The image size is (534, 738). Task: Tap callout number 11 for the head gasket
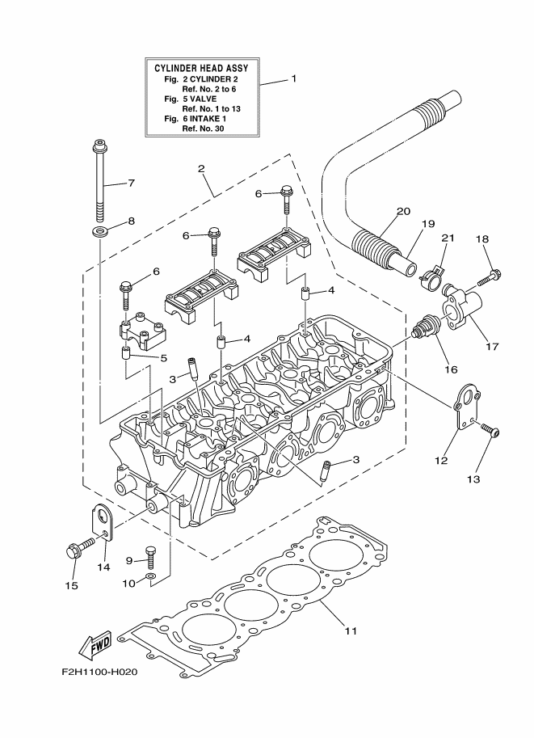350,630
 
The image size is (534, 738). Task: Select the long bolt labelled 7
100,183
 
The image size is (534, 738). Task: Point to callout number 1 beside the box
294,79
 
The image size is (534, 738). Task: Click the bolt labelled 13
490,431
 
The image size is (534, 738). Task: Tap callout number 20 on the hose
402,213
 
